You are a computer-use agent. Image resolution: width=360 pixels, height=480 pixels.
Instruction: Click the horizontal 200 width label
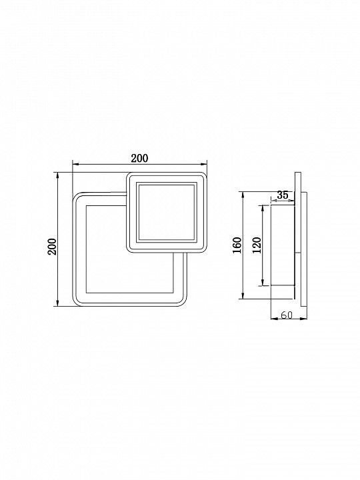click(139, 158)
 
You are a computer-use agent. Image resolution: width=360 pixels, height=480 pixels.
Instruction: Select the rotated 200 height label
click(53, 247)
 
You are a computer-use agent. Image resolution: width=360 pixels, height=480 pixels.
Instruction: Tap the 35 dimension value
click(283, 195)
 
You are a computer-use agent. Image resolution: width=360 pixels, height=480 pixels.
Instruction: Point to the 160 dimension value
click(237, 245)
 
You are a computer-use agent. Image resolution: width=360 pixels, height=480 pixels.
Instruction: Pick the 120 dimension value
click(257, 245)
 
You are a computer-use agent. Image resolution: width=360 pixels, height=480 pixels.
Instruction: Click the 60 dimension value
click(287, 315)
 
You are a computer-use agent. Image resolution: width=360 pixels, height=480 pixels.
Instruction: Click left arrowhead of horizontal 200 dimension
click(75, 165)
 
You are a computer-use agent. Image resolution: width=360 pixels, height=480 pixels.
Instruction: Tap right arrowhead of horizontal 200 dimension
click(204, 165)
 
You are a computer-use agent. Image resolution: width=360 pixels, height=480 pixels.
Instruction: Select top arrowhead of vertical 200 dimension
click(57, 175)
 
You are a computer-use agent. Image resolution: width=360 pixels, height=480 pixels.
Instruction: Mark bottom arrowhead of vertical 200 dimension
click(57, 303)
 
